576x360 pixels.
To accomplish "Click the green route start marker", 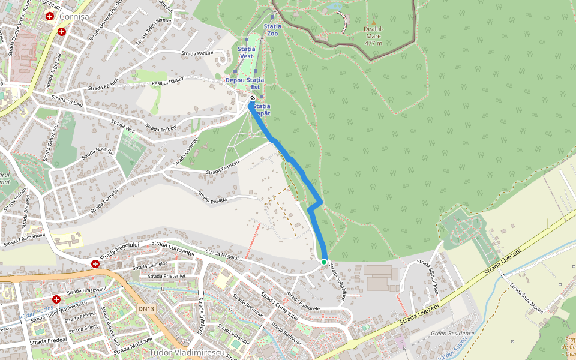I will [324, 262].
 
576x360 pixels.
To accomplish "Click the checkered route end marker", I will [253, 98].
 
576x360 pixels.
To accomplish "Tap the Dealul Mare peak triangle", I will [373, 22].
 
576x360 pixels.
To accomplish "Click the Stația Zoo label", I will [272, 30].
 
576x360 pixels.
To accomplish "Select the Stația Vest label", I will [247, 52].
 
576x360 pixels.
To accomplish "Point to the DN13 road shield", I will [146, 309].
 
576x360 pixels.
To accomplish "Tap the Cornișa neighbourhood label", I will [74, 17].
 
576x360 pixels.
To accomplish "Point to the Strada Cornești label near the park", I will [223, 167].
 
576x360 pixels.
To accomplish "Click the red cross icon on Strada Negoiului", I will [95, 264].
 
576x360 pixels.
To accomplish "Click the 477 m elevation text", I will [373, 43].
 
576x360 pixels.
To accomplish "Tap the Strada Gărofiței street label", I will [185, 152].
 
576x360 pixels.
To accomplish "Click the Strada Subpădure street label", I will [337, 281].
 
